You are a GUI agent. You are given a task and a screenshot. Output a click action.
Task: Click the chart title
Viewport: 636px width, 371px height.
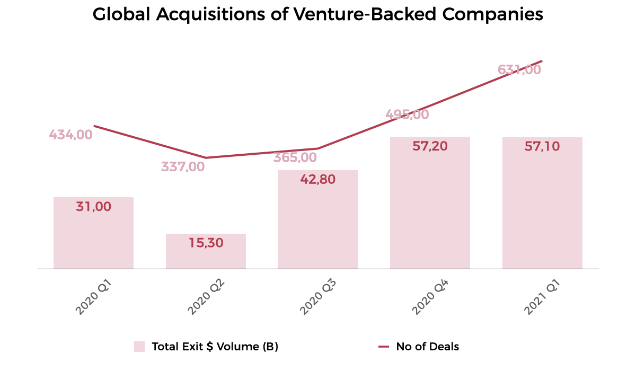(x=318, y=14)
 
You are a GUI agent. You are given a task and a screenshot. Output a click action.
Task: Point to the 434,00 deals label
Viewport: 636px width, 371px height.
(x=70, y=135)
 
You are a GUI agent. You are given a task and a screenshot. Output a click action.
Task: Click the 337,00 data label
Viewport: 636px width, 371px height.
(x=183, y=167)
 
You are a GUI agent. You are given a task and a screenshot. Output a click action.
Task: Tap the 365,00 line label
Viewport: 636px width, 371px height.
(x=295, y=157)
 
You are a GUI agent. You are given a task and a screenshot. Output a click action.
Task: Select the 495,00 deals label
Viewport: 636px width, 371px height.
(x=407, y=114)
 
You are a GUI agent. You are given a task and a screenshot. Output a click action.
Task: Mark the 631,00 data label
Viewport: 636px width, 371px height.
(x=519, y=69)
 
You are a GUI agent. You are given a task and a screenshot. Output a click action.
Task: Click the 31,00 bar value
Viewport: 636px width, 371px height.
(x=93, y=207)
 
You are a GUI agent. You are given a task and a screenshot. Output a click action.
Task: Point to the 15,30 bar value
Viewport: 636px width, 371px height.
(x=206, y=243)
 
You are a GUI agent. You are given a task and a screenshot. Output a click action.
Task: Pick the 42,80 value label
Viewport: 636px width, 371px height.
(x=318, y=179)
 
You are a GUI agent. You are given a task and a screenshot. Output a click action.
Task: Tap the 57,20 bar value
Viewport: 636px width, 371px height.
(x=430, y=146)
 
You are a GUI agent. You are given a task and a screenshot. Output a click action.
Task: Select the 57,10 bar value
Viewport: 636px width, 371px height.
(x=542, y=146)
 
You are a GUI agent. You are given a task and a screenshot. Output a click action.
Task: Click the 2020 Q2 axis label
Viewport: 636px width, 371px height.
(x=206, y=297)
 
